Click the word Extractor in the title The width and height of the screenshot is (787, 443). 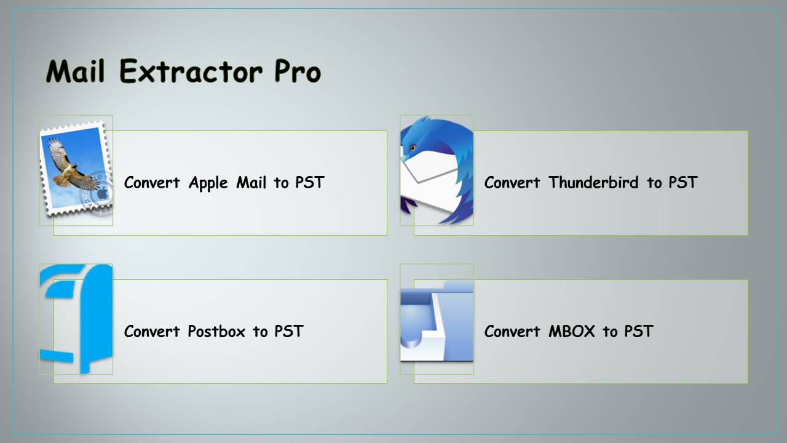191,72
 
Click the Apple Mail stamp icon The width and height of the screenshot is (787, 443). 76,170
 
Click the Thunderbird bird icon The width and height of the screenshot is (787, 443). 437,170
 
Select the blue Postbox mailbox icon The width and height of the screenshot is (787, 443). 76,319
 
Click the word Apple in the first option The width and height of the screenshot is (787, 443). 208,183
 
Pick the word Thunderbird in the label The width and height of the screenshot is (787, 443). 593,183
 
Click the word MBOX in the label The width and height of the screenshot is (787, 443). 572,332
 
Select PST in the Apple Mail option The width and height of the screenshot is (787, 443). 309,183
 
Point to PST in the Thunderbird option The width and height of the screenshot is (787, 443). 682,183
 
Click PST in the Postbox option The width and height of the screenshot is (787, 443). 288,332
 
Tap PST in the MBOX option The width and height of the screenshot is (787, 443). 638,332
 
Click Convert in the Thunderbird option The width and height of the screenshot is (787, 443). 512,183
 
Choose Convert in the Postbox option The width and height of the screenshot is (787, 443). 152,332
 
